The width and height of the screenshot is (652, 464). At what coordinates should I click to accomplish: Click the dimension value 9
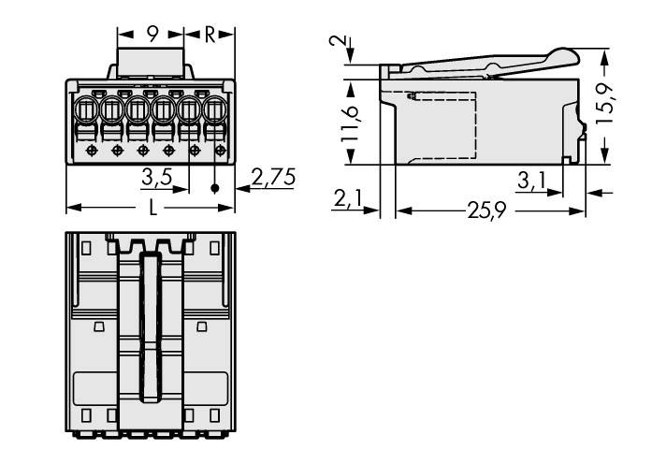coord(152,36)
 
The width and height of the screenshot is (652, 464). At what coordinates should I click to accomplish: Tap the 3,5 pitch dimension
coord(155,176)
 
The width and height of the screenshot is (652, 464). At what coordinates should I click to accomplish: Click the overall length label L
coord(152,208)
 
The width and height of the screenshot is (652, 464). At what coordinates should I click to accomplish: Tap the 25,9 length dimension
coord(486,211)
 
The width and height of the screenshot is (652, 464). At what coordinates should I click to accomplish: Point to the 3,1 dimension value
coord(530,180)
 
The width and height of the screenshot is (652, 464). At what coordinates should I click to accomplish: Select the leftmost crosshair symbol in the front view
coord(91,150)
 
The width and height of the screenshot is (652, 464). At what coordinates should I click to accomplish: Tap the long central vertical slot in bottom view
coord(149,327)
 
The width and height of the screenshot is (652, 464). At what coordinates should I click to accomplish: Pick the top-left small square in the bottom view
coord(86,248)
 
